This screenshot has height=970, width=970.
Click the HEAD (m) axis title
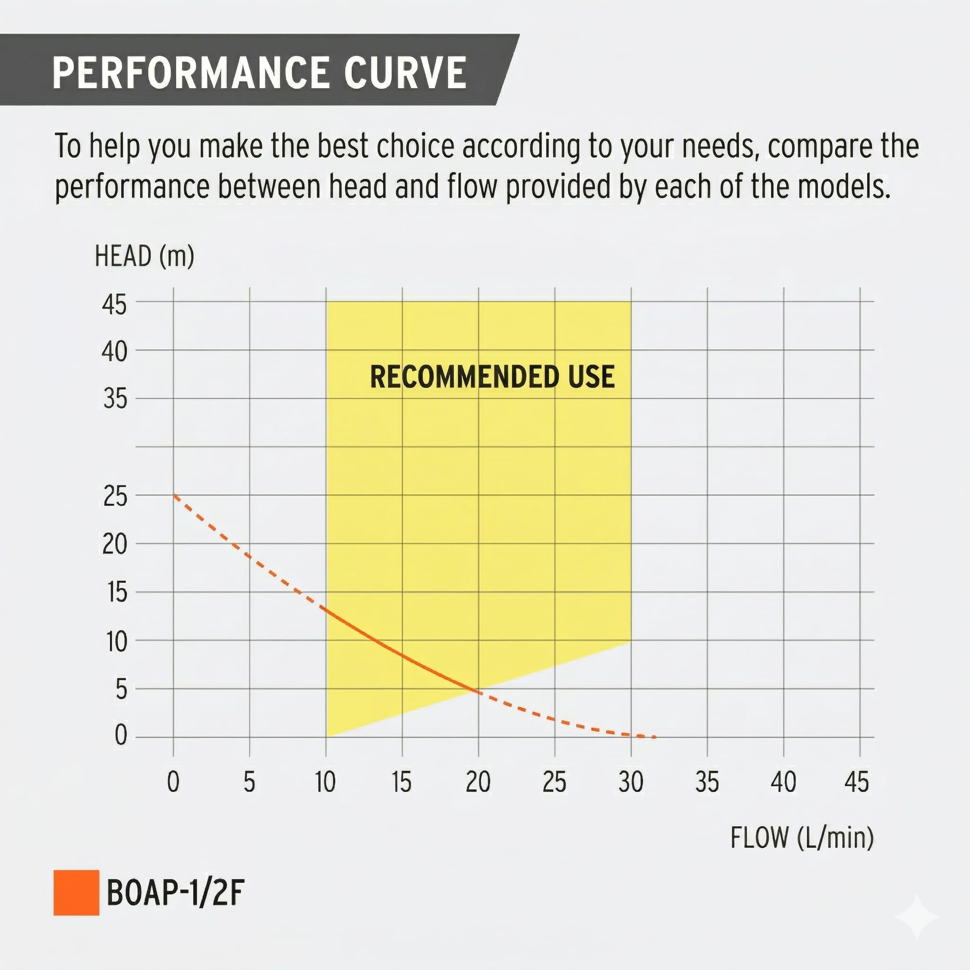click(x=144, y=256)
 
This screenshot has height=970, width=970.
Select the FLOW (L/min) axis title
click(x=802, y=837)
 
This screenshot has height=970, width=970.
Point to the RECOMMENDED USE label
click(x=492, y=377)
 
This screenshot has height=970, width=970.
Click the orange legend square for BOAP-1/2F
click(x=76, y=893)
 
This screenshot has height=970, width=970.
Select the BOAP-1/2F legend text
click(x=175, y=893)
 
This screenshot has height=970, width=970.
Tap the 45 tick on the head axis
click(x=115, y=305)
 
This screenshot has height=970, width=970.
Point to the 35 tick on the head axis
click(x=115, y=399)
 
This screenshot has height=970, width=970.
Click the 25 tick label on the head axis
click(x=115, y=496)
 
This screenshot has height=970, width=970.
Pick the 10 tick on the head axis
click(x=117, y=642)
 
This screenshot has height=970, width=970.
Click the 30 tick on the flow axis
click(x=630, y=781)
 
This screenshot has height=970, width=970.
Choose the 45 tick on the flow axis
click(x=856, y=781)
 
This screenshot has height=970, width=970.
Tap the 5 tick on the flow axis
click(x=250, y=781)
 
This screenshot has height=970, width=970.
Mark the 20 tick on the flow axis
click(x=478, y=781)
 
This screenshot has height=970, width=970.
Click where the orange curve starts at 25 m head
click(x=174, y=495)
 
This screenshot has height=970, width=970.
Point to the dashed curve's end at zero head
click(x=654, y=737)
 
